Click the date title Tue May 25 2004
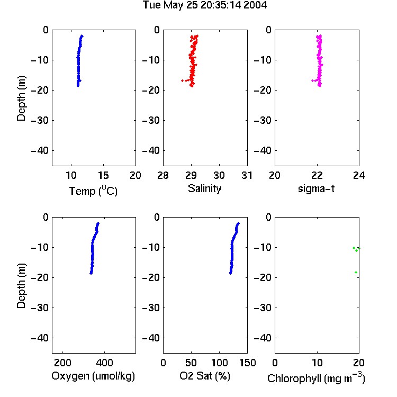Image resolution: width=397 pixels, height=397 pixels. pyautogui.click(x=205, y=5)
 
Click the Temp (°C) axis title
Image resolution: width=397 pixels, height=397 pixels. pyautogui.click(x=93, y=191)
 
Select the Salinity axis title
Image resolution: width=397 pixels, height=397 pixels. pyautogui.click(x=204, y=189)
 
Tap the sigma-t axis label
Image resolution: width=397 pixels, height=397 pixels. pyautogui.click(x=316, y=188)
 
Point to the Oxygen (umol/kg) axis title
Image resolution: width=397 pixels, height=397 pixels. pyautogui.click(x=93, y=376)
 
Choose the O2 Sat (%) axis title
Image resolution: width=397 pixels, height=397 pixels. pyautogui.click(x=205, y=376)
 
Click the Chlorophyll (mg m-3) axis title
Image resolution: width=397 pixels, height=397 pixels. pyautogui.click(x=316, y=377)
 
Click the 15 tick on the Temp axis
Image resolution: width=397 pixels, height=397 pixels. pyautogui.click(x=103, y=175)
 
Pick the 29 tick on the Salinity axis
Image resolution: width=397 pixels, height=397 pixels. pyautogui.click(x=191, y=175)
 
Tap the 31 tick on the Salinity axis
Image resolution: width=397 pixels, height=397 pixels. pyautogui.click(x=247, y=175)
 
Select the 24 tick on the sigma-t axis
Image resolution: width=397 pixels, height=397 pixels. pyautogui.click(x=359, y=175)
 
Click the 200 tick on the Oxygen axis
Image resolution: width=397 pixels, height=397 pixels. pyautogui.click(x=62, y=363)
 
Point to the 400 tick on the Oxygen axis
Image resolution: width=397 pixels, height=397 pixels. pyautogui.click(x=105, y=363)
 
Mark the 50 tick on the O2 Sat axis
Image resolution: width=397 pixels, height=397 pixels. pyautogui.click(x=191, y=363)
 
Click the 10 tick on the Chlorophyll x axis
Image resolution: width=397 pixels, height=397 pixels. pyautogui.click(x=317, y=363)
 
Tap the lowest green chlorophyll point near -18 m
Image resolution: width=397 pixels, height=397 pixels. pyautogui.click(x=356, y=273)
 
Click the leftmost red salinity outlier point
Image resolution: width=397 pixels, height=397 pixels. pyautogui.click(x=182, y=81)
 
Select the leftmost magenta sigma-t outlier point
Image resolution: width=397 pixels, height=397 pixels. pyautogui.click(x=312, y=81)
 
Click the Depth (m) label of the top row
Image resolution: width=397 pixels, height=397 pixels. pyautogui.click(x=21, y=98)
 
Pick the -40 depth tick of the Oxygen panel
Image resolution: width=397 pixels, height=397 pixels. pyautogui.click(x=40, y=338)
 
